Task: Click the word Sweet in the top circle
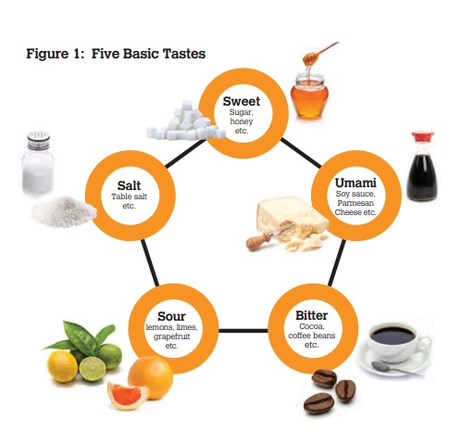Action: point(242,101)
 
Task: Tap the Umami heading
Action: point(355,183)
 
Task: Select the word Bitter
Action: point(312,315)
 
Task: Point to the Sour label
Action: point(171,316)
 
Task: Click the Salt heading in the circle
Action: point(129,185)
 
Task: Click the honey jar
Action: point(309,96)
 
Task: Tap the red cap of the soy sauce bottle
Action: point(422,137)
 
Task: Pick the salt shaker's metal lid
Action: point(39,140)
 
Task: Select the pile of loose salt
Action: point(64,211)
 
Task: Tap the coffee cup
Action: point(396,341)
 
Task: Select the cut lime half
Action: point(93,369)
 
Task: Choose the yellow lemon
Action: point(62,366)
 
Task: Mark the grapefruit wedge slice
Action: point(128,395)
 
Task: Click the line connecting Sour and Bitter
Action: point(243,331)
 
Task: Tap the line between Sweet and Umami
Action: point(301,153)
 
